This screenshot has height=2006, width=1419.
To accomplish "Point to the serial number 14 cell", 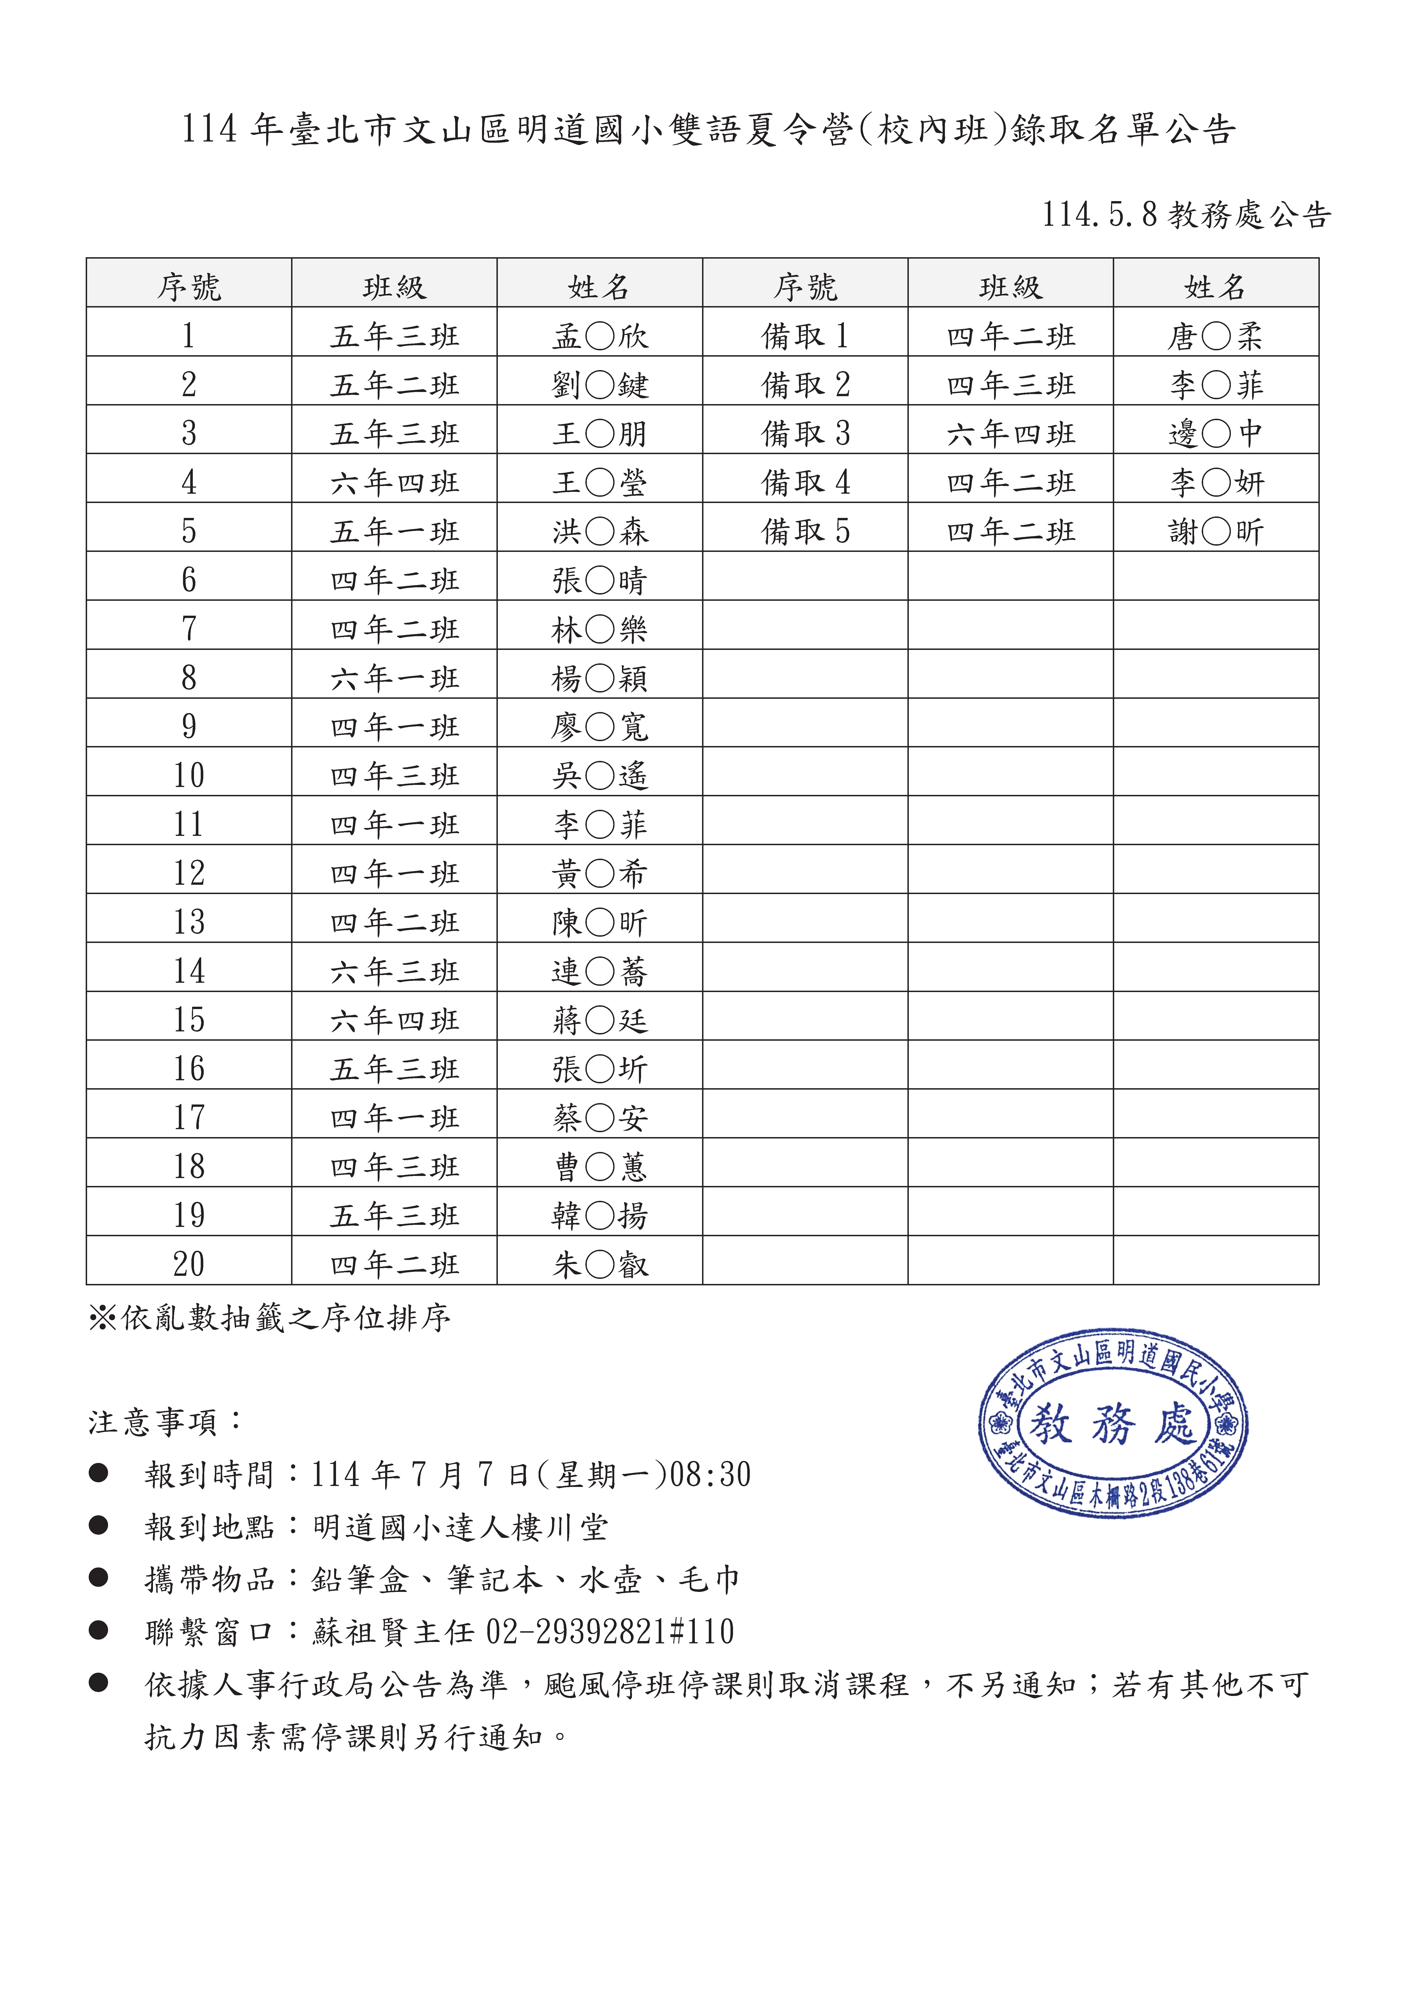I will click(189, 971).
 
